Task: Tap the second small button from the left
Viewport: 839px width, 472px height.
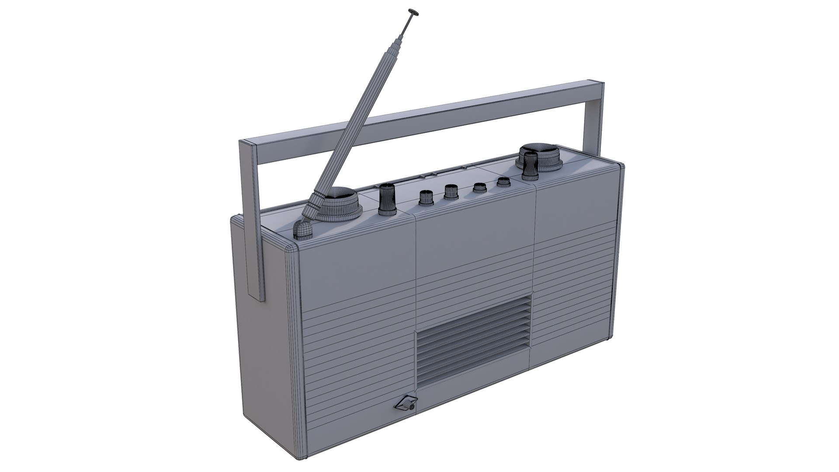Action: click(x=450, y=191)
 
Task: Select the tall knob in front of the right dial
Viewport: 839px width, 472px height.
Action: click(x=530, y=166)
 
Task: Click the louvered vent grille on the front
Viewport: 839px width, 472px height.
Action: click(x=474, y=337)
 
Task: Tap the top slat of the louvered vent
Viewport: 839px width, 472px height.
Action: click(x=475, y=302)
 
